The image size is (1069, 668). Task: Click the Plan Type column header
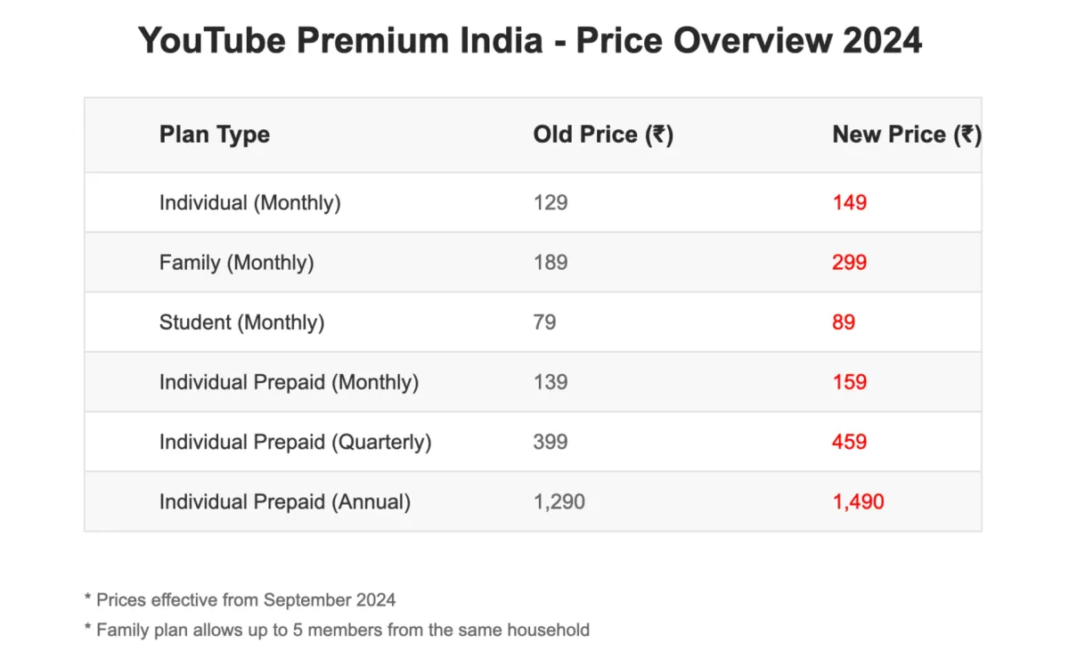(x=214, y=134)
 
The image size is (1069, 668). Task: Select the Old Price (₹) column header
(x=602, y=134)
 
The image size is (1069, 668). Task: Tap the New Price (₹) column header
(x=906, y=134)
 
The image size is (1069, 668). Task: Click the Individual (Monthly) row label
(x=249, y=203)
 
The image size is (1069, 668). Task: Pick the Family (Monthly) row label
(x=236, y=263)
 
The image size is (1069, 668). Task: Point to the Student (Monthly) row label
(x=241, y=322)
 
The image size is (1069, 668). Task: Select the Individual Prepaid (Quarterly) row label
(x=295, y=442)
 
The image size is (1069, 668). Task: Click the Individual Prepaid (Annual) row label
(x=284, y=501)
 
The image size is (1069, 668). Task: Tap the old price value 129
(x=550, y=203)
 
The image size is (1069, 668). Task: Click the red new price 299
(x=849, y=263)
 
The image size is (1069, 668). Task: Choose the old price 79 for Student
(x=544, y=322)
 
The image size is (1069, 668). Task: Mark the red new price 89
(x=843, y=322)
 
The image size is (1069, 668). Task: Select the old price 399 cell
(x=550, y=442)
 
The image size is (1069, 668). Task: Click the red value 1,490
(x=858, y=501)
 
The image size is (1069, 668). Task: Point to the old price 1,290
(x=559, y=501)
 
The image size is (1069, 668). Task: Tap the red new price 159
(x=849, y=382)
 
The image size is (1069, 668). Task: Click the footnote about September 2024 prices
(x=240, y=599)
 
